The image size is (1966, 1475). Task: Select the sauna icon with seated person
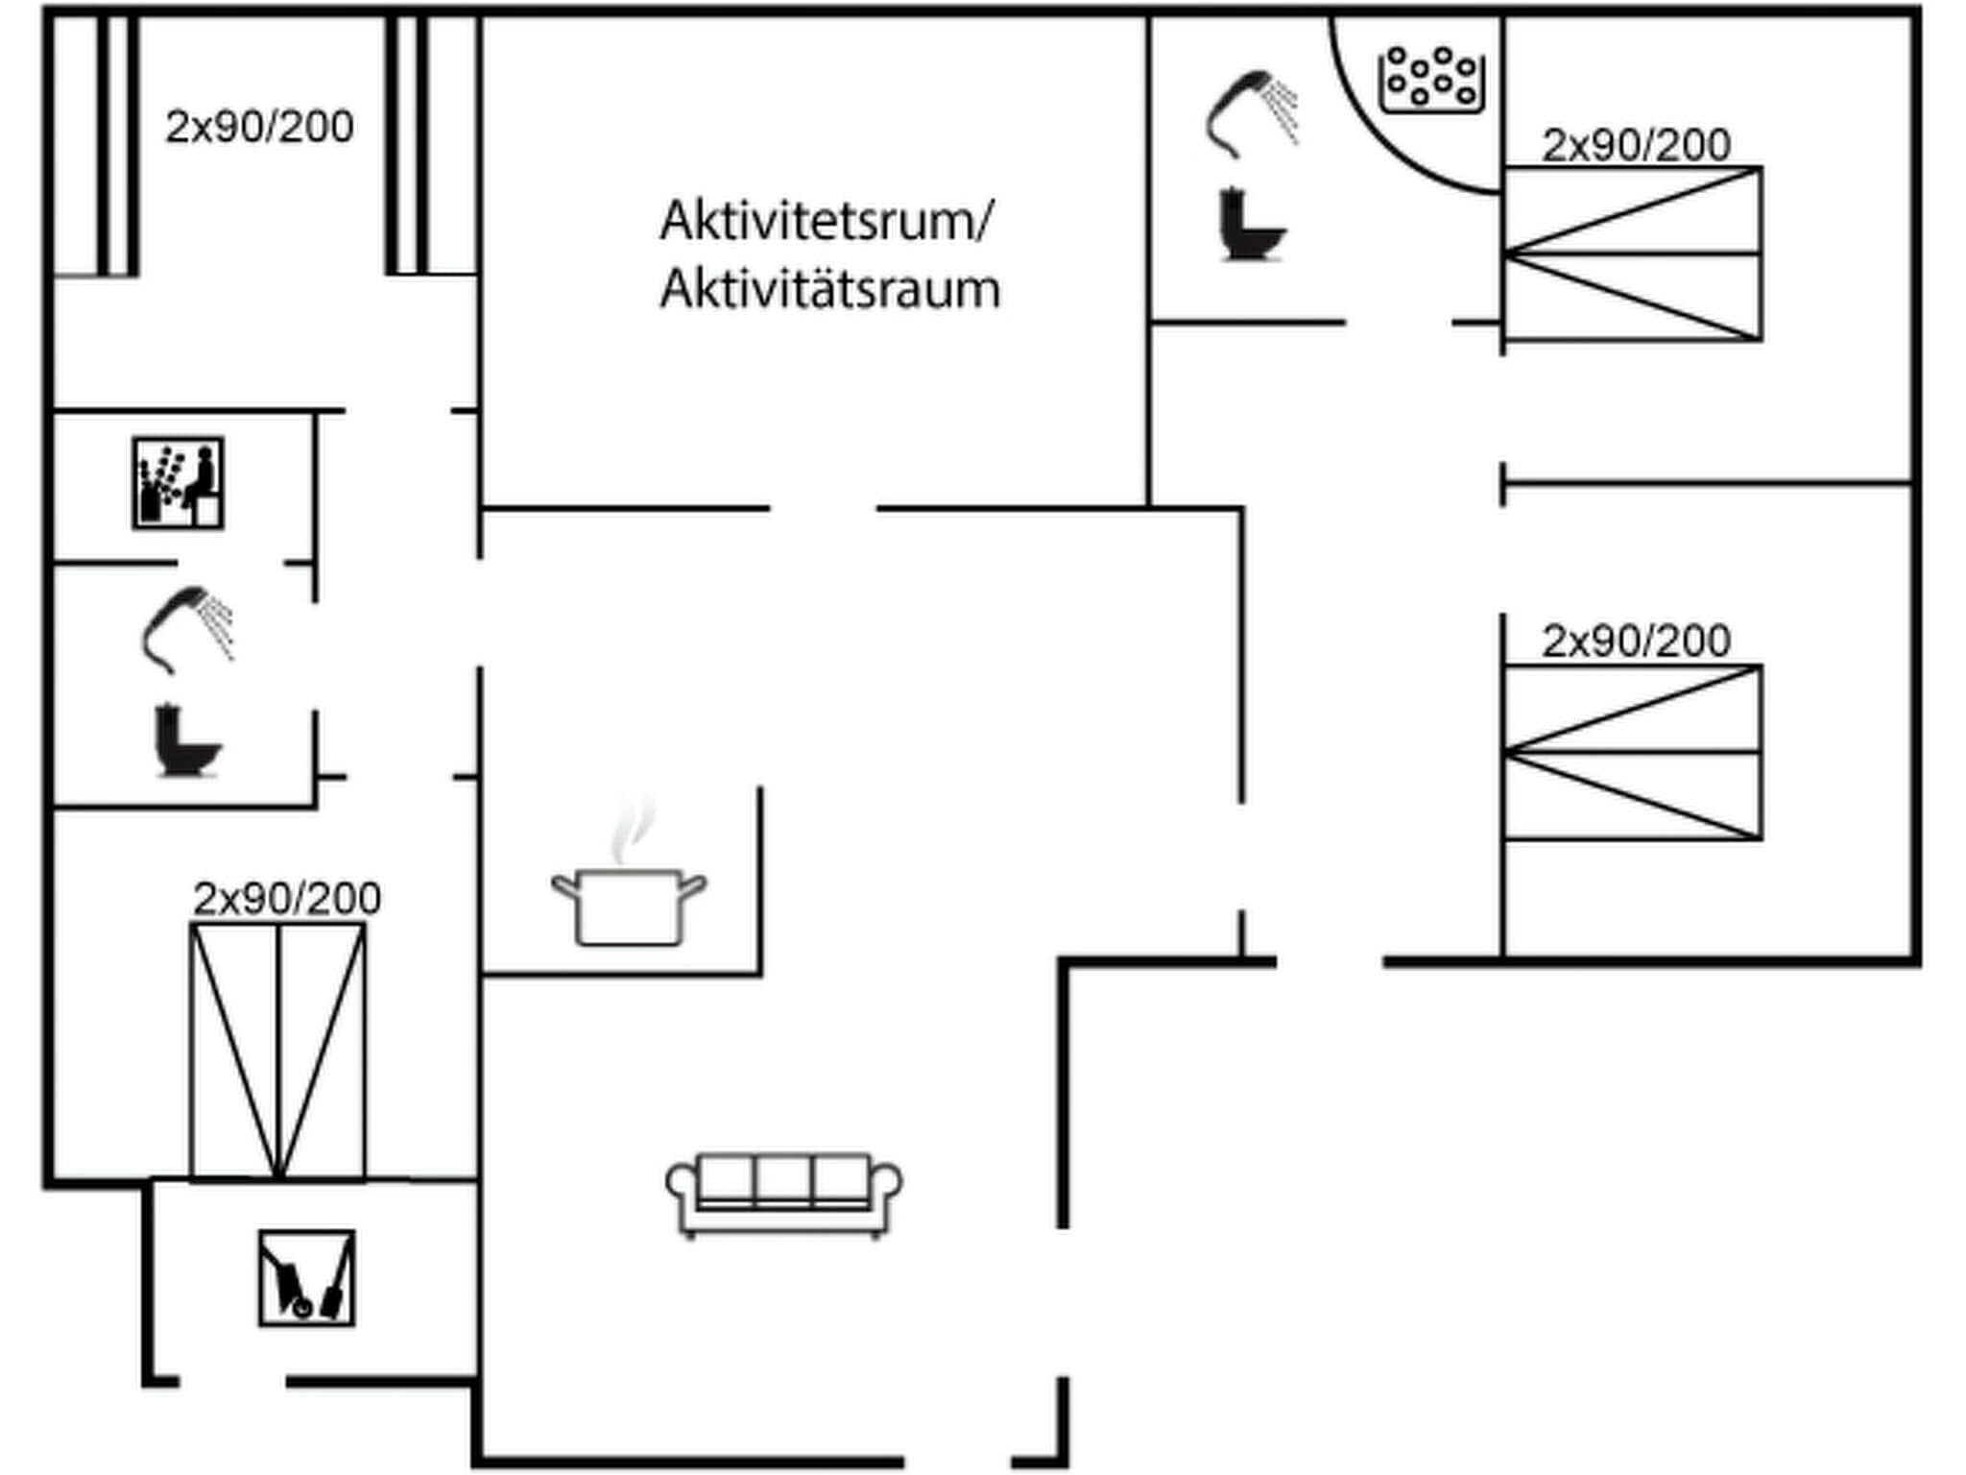(178, 483)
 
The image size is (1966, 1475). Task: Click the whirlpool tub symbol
(1431, 80)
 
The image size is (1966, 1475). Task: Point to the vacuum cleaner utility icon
(306, 1278)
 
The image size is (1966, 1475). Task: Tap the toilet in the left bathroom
(186, 740)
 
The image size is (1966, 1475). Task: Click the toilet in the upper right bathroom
(1251, 226)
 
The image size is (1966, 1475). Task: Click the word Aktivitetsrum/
(827, 221)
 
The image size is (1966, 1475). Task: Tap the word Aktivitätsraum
(829, 289)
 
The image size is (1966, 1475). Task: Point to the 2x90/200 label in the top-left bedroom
(259, 127)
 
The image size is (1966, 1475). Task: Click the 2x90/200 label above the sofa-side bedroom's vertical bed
(287, 899)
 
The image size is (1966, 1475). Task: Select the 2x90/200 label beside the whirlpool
(1636, 146)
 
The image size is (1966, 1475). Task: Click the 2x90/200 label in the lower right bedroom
(1636, 641)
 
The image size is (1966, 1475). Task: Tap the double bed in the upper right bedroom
(1632, 254)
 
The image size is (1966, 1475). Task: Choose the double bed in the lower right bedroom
(1632, 753)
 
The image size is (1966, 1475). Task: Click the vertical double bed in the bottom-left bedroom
(277, 1051)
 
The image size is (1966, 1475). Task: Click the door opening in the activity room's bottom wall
(823, 508)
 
